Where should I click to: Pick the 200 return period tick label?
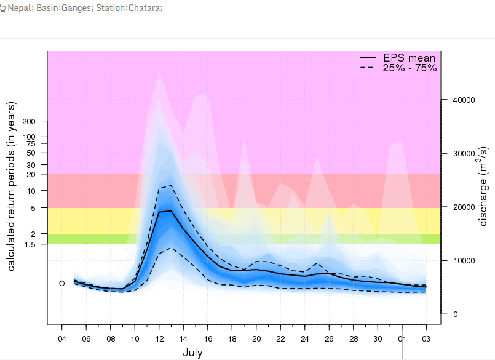[28, 121]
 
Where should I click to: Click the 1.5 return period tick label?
[30, 244]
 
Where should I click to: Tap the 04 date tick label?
[61, 339]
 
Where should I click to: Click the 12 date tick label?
[159, 339]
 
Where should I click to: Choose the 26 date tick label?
[329, 339]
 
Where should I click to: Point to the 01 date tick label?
[402, 339]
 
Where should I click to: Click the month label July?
[192, 353]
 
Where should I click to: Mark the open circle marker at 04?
[61, 283]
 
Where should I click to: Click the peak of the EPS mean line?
[170, 211]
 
